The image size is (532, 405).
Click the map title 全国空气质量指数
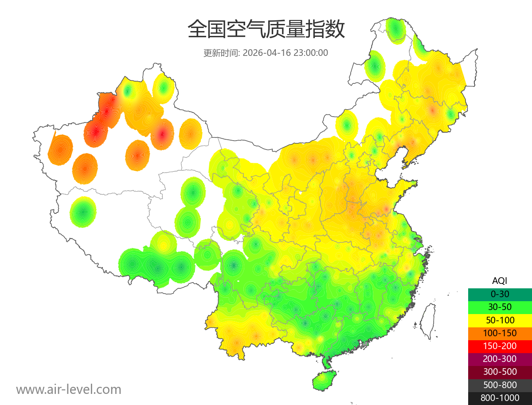pyautogui.click(x=266, y=30)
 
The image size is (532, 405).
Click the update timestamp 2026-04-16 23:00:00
pyautogui.click(x=286, y=53)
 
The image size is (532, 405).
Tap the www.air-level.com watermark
pyautogui.click(x=69, y=389)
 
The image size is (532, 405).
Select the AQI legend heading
pyautogui.click(x=500, y=281)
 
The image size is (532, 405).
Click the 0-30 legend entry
pyautogui.click(x=500, y=294)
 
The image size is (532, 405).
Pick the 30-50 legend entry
pyautogui.click(x=500, y=307)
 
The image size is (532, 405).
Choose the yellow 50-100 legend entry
pyautogui.click(x=500, y=320)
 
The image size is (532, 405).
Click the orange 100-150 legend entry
pyautogui.click(x=500, y=333)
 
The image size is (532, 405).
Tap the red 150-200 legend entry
pyautogui.click(x=500, y=346)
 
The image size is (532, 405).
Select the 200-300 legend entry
pyautogui.click(x=500, y=359)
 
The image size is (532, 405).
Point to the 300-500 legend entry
pyautogui.click(x=500, y=372)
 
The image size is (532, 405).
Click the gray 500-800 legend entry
pyautogui.click(x=500, y=385)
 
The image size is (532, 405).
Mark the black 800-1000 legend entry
pyautogui.click(x=500, y=398)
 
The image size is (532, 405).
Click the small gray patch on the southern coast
pyautogui.click(x=365, y=343)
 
